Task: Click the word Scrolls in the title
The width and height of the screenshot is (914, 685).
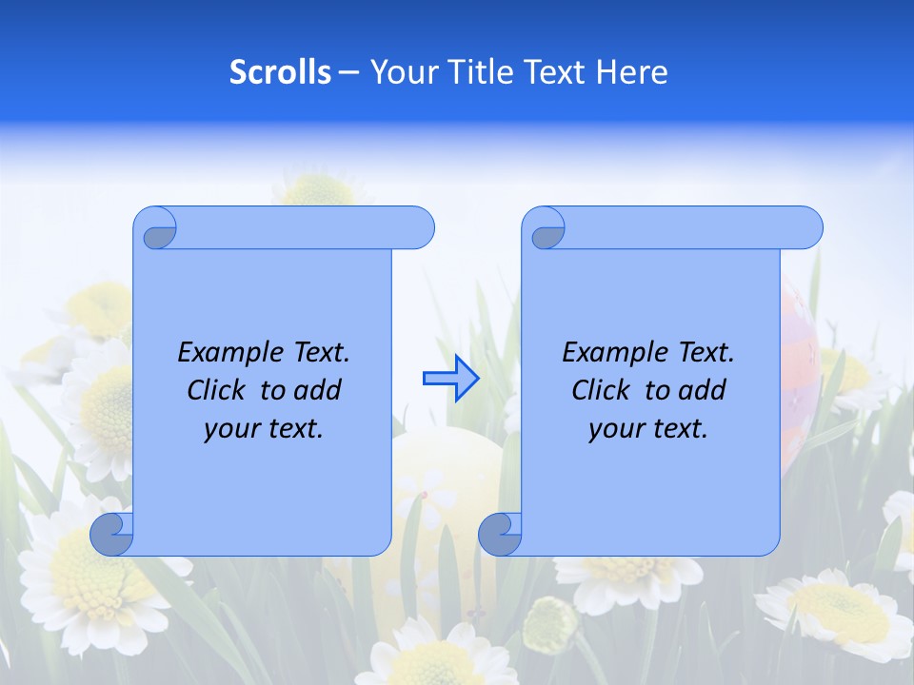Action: (x=280, y=72)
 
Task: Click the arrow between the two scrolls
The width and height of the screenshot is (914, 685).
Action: (x=450, y=379)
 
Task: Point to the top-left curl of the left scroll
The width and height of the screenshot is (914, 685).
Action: (x=158, y=231)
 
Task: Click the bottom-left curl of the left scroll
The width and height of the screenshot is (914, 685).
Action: (x=112, y=535)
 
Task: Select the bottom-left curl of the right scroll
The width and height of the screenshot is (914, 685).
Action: (x=500, y=535)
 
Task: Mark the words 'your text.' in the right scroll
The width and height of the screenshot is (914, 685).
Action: (x=648, y=429)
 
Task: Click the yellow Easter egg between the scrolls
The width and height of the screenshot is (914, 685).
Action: (x=447, y=476)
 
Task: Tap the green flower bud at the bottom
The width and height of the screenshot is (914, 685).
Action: (x=550, y=623)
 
